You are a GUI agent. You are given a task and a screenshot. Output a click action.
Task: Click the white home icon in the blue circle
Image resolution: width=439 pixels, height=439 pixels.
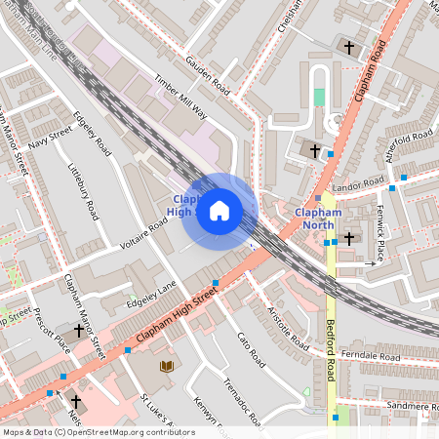pyautogui.click(x=219, y=211)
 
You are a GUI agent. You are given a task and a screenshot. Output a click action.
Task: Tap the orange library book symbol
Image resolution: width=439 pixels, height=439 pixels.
pyautogui.click(x=166, y=366)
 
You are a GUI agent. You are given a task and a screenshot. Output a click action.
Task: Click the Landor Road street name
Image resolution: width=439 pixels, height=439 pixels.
pyautogui.click(x=359, y=184)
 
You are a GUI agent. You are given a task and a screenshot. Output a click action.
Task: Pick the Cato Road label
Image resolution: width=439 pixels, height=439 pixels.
pyautogui.click(x=251, y=348)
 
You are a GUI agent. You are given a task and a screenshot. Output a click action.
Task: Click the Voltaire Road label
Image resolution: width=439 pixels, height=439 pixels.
pyautogui.click(x=145, y=235)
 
